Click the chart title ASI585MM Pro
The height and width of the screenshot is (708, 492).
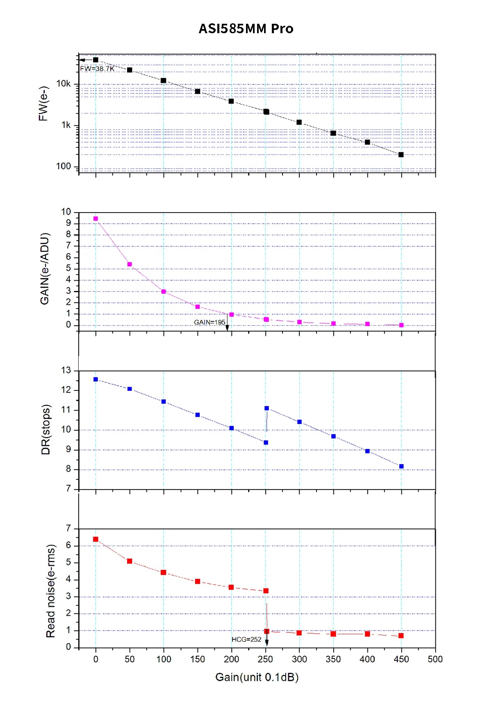(x=246, y=29)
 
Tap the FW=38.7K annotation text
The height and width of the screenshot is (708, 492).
(x=97, y=69)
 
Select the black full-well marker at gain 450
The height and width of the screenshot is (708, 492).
(x=401, y=154)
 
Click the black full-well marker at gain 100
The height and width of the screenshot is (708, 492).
(x=164, y=81)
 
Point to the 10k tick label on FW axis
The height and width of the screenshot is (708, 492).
(x=63, y=84)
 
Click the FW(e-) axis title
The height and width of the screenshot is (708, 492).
(x=43, y=103)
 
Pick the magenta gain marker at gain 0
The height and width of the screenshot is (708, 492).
(x=96, y=219)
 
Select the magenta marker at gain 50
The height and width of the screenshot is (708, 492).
(x=130, y=264)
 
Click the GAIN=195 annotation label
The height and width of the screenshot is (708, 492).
(x=210, y=322)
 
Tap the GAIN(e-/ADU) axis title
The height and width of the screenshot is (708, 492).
(x=45, y=269)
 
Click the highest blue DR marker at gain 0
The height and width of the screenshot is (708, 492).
(x=96, y=379)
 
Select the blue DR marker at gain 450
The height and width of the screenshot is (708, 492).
(x=401, y=466)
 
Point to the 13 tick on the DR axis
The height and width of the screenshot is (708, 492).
(x=66, y=370)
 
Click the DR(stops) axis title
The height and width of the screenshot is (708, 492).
(x=46, y=429)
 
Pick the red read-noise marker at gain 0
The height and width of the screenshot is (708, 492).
(x=96, y=539)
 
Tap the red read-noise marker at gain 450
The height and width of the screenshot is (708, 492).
(x=401, y=635)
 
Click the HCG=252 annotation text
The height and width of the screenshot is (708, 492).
(x=246, y=640)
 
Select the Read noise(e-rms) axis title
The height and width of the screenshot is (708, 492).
(x=50, y=591)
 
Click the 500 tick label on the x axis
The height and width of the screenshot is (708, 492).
(x=435, y=659)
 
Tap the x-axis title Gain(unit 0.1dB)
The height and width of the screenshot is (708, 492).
(x=257, y=677)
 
